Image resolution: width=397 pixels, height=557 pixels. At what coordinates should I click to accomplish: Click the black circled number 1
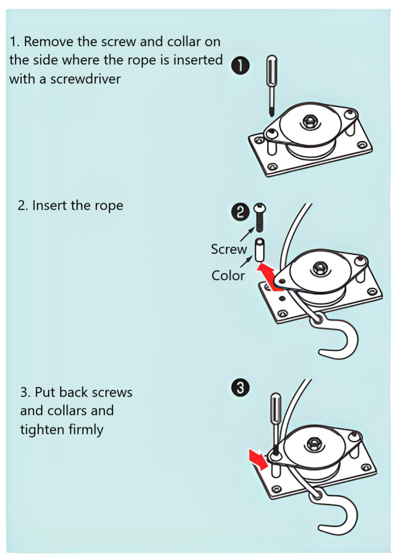[x=240, y=67]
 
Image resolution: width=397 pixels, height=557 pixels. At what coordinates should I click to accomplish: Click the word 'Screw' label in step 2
[x=229, y=250]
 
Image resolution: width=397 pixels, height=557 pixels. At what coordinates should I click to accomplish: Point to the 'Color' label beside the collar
[x=228, y=275]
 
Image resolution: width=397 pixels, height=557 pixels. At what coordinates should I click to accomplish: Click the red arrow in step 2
[x=267, y=271]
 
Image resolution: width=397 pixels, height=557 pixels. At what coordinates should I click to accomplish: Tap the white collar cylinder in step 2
[x=260, y=249]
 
